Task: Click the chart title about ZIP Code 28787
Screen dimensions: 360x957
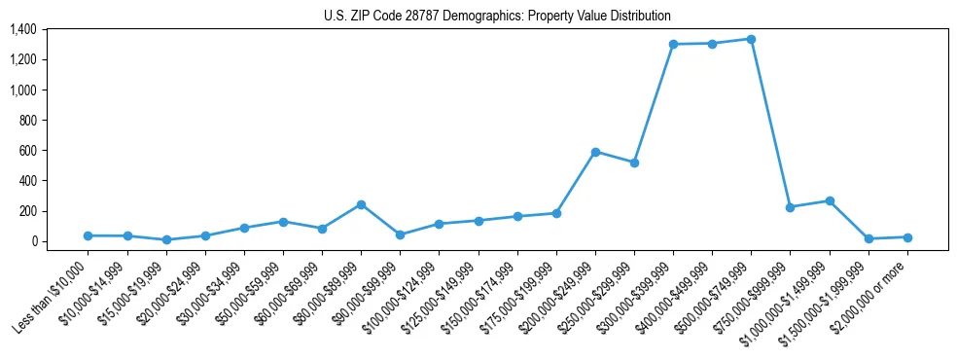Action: click(497, 17)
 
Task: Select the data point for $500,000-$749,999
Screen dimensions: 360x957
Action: click(751, 39)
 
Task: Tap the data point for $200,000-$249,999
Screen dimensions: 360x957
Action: click(595, 152)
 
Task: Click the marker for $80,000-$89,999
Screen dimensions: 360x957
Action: click(361, 204)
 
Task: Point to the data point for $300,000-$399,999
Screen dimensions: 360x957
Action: click(673, 44)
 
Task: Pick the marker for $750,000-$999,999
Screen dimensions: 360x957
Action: click(790, 207)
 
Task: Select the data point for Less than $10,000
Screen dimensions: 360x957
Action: click(89, 235)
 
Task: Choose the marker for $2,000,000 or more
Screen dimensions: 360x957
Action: click(906, 237)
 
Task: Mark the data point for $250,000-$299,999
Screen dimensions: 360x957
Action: click(634, 162)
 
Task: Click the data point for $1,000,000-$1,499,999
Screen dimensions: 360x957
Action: click(829, 200)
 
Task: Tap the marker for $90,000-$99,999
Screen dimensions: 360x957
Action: click(400, 234)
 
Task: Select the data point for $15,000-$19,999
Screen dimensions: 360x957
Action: click(166, 239)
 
